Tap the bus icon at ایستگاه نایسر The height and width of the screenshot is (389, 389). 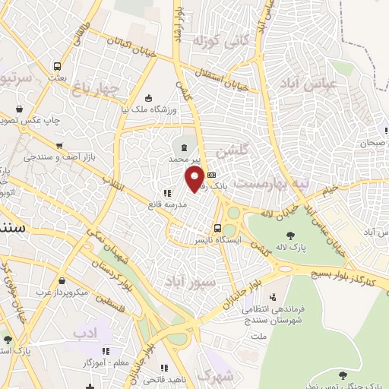tap(218, 228)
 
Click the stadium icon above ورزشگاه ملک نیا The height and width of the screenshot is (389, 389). tap(148, 98)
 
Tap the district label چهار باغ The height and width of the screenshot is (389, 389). tap(96, 90)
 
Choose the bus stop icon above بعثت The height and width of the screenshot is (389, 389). tap(56, 65)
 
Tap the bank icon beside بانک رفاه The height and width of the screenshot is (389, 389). tap(210, 175)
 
